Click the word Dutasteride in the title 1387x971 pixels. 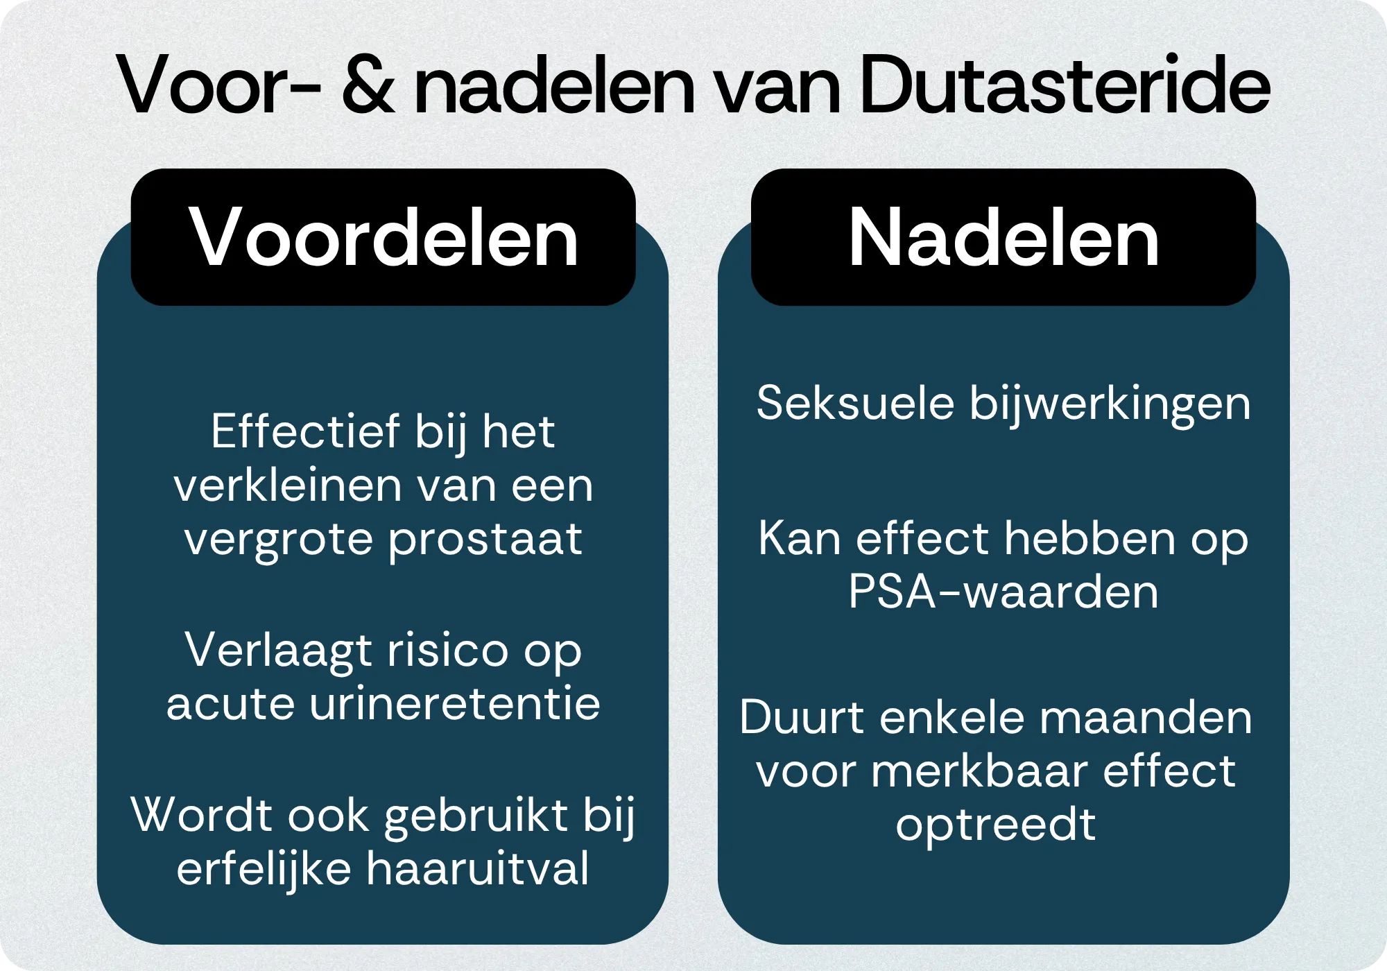pos(1065,85)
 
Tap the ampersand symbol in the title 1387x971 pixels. pos(369,87)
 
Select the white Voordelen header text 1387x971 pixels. pos(384,238)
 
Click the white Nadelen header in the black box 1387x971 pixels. pos(1003,238)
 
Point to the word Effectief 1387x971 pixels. pos(305,431)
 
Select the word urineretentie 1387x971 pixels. pos(455,704)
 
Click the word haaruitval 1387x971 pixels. pos(478,868)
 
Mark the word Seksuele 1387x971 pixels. pos(855,403)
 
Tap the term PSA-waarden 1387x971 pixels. pos(1003,592)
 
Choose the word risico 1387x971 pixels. pos(448,651)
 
